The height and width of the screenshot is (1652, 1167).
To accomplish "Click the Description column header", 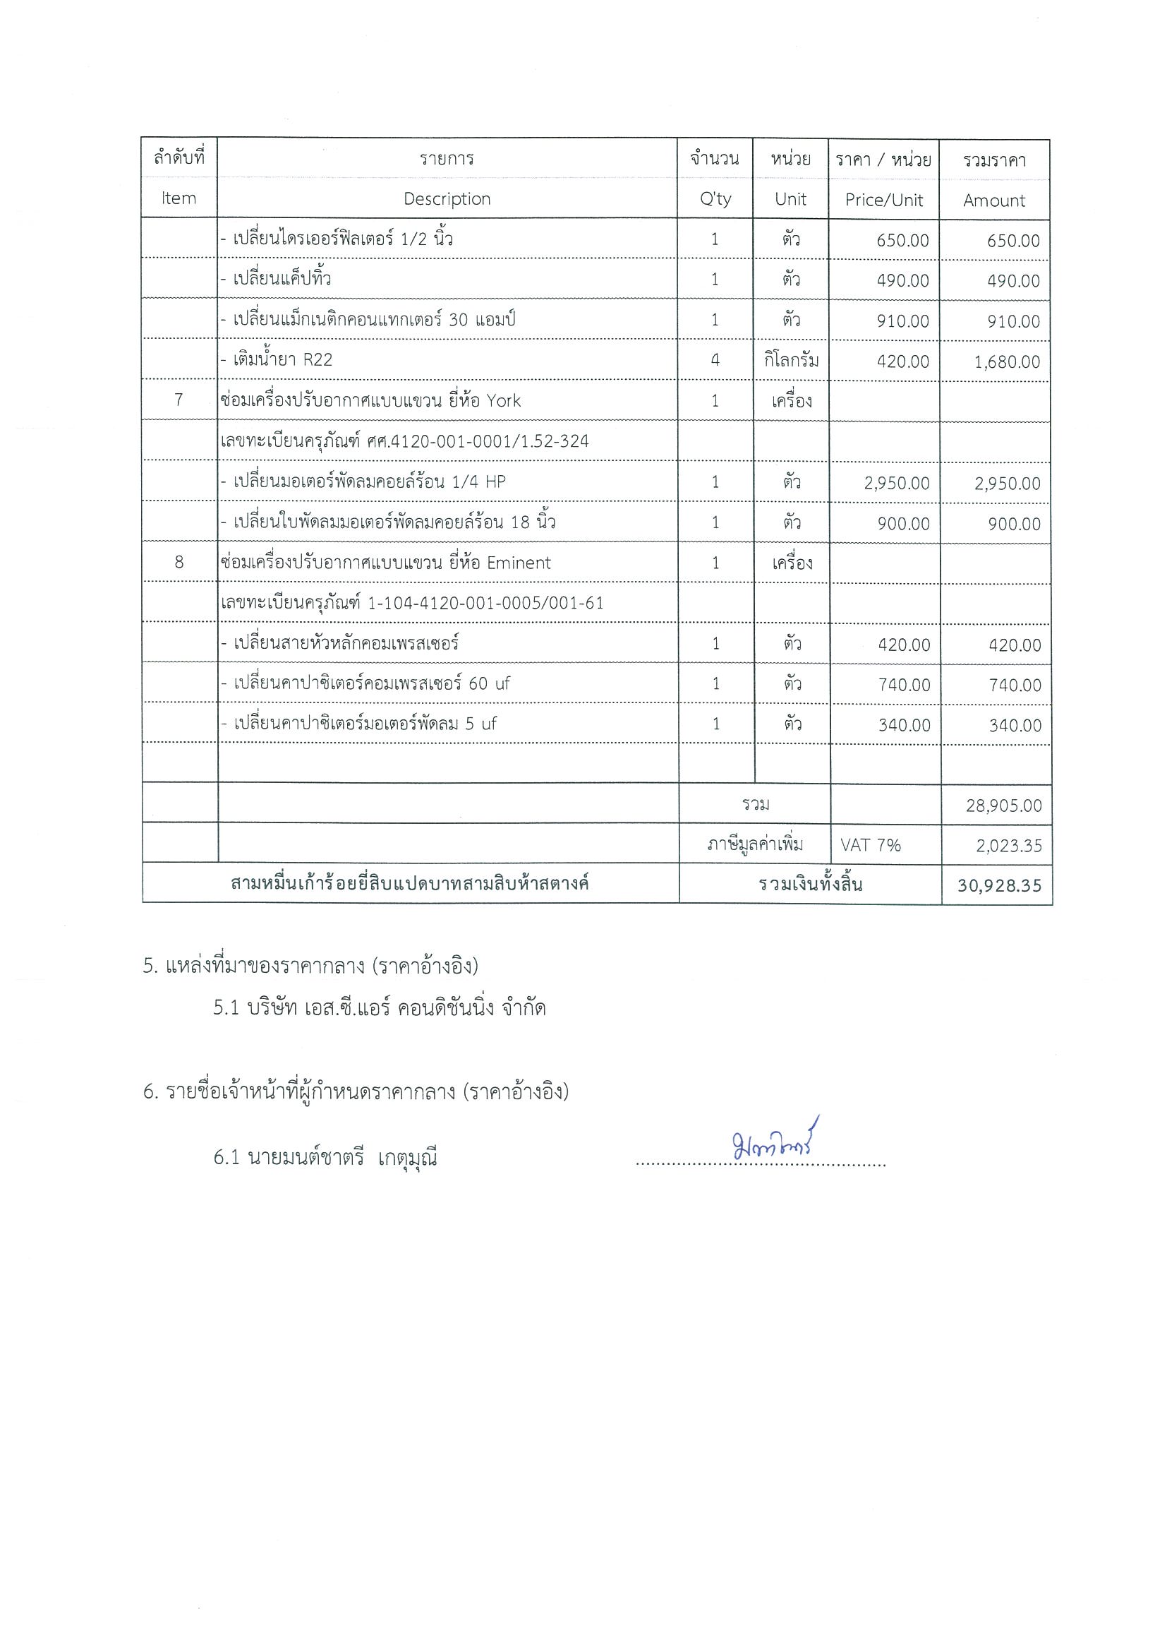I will pyautogui.click(x=447, y=199).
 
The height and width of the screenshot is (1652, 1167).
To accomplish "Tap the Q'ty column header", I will pyautogui.click(x=715, y=199).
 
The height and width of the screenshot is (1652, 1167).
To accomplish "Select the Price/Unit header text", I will pyautogui.click(x=883, y=200).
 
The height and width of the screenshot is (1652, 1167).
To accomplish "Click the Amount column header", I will pyautogui.click(x=993, y=200).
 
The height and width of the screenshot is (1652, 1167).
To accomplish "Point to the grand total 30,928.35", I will pyautogui.click(x=999, y=886).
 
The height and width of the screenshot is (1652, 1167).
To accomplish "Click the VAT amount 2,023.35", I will pyautogui.click(x=1008, y=846).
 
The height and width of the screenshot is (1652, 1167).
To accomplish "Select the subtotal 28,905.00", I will pyautogui.click(x=1003, y=806).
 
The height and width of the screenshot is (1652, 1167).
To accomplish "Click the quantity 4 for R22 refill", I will pyautogui.click(x=715, y=360).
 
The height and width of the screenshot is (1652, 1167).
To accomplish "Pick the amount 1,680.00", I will pyautogui.click(x=1007, y=362).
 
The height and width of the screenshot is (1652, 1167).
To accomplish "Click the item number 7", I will pyautogui.click(x=179, y=400).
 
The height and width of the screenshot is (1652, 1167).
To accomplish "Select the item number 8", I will pyautogui.click(x=179, y=562).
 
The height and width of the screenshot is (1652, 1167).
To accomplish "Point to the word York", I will pyautogui.click(x=503, y=401).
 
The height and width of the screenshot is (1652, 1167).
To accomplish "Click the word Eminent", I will pyautogui.click(x=519, y=563).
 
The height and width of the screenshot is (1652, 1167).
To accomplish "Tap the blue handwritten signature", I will pyautogui.click(x=775, y=1144).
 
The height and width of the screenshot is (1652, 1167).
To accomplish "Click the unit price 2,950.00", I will pyautogui.click(x=897, y=484).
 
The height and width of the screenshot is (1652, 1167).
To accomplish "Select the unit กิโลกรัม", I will pyautogui.click(x=791, y=361).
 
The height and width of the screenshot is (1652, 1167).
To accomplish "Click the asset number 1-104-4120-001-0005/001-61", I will pyautogui.click(x=485, y=603).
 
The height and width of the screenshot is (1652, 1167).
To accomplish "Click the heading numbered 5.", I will pyautogui.click(x=310, y=966).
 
